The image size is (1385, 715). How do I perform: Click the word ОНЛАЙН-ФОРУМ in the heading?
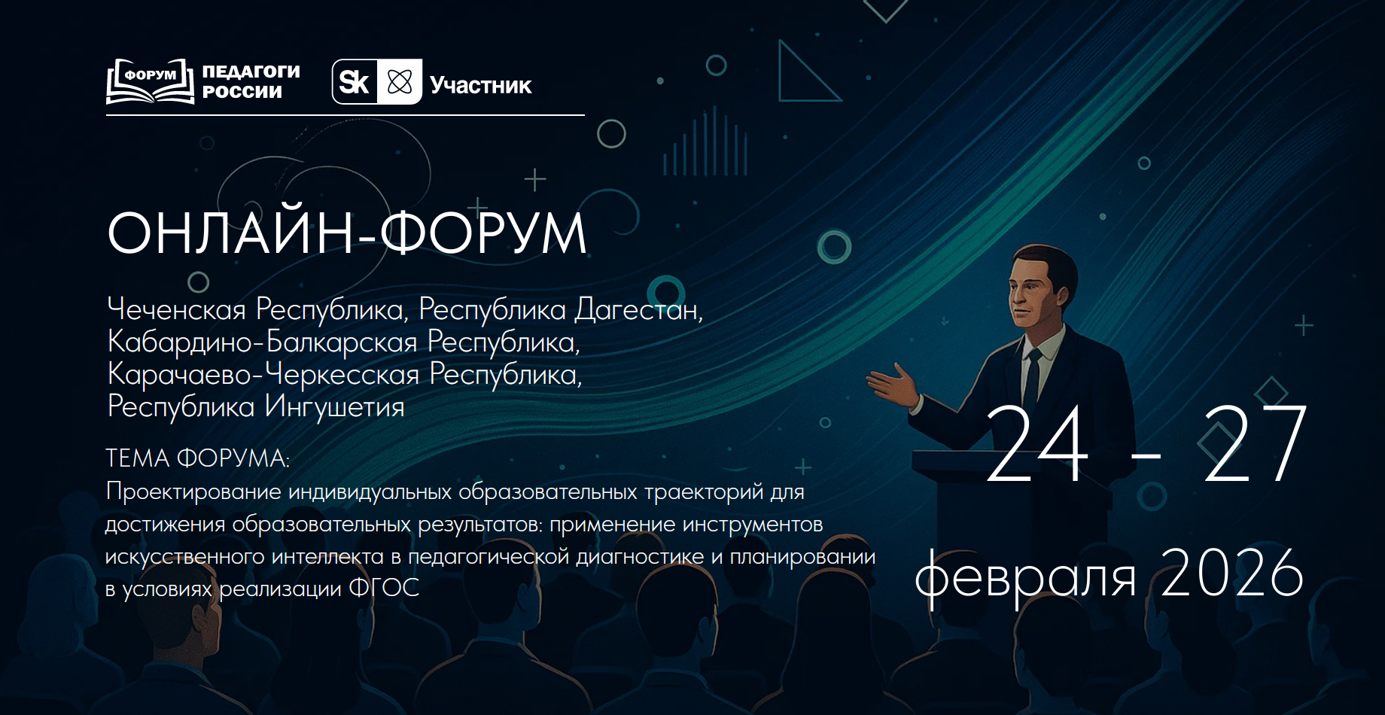pos(347,233)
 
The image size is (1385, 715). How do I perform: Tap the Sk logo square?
pos(355,81)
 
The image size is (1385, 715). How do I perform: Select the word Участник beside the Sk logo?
pos(480,86)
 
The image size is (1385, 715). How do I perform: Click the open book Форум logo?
pos(151,81)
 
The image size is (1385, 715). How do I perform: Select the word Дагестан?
pos(639,309)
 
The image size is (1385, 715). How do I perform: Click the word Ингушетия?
pos(334,407)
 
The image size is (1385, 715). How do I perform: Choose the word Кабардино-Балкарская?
pos(262,342)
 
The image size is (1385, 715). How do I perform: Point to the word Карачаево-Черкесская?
pos(263,374)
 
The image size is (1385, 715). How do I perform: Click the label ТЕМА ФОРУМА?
pos(197,458)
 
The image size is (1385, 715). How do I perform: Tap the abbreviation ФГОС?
pos(384,588)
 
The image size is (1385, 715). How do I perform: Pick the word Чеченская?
pos(177,309)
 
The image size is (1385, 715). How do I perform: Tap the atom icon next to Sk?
pos(400,81)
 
